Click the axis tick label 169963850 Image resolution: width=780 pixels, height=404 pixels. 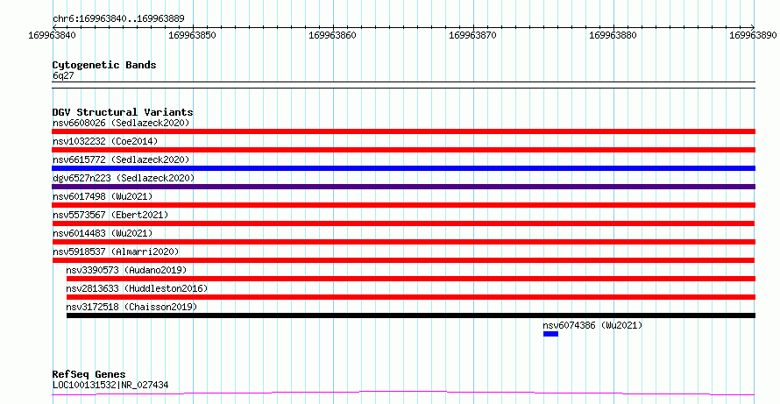[193, 35]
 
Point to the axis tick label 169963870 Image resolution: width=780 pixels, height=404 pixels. [472, 35]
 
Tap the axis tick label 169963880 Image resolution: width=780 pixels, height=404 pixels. [613, 35]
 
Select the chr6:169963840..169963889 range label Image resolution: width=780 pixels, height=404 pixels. [118, 19]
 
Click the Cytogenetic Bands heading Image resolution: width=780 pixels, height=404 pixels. [104, 65]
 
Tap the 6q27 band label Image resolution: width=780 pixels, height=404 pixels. [63, 75]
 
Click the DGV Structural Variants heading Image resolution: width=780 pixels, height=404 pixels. [123, 112]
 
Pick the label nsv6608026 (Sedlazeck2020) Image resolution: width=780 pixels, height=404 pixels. [121, 123]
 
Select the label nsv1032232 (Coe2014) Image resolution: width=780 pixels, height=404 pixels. [105, 141]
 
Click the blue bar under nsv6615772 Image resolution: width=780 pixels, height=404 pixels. [403, 168]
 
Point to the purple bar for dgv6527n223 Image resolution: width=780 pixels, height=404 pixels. [403, 187]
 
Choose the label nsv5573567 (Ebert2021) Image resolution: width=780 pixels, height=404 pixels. [110, 215]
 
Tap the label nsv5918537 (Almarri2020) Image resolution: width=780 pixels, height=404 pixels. [116, 252]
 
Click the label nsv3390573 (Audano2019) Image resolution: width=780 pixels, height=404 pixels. [126, 270]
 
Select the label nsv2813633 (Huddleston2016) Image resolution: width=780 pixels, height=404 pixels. [137, 288]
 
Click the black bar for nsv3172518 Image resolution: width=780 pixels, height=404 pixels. [411, 315]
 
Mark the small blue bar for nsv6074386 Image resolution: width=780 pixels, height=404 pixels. [550, 334]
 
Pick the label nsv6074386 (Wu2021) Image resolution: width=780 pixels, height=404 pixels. [592, 325]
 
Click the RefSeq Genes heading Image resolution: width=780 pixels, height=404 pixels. [89, 374]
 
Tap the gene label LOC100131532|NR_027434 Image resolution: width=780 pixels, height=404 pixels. [110, 385]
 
